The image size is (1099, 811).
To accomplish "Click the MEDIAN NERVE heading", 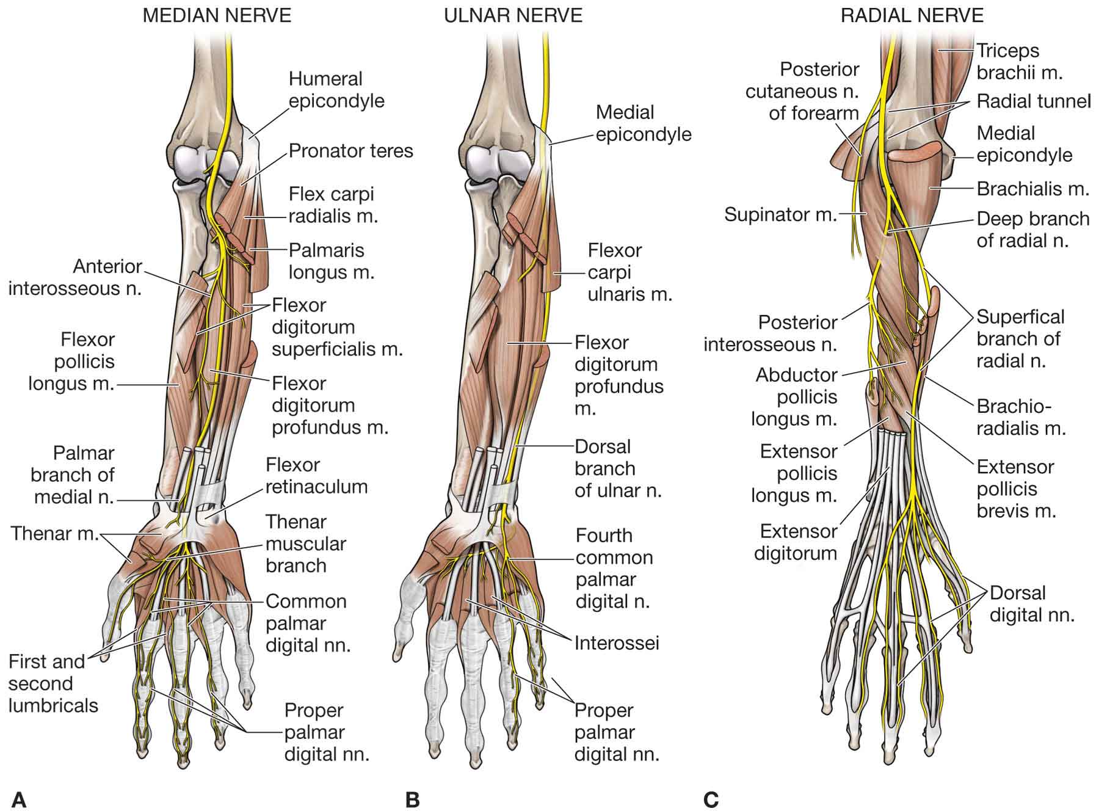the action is [217, 15].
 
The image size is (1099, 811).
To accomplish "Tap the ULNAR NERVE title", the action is [513, 15].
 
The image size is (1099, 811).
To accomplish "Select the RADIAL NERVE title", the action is [912, 15].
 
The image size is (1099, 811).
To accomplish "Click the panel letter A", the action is [19, 799].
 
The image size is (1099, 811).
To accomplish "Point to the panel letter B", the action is [413, 799].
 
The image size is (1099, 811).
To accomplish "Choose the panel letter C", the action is [711, 799].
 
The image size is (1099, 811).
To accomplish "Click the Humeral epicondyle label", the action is [336, 90].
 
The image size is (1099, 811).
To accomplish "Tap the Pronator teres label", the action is [351, 151].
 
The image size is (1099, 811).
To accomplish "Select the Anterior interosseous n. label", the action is [75, 277].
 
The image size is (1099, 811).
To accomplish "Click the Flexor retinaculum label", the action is [316, 476].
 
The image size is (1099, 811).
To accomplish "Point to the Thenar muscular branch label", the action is [305, 544].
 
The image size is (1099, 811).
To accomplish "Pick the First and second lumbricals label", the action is [53, 683].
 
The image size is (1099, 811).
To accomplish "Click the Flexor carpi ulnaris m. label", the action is [629, 272].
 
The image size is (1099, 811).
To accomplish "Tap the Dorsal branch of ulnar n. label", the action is [618, 468].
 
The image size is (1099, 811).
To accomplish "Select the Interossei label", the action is [617, 643].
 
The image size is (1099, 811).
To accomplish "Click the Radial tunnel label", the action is [1034, 101].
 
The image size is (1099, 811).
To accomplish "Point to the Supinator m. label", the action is [780, 214].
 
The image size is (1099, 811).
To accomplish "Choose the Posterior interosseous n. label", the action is [771, 333].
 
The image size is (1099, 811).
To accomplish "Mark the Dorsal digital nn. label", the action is [1032, 603].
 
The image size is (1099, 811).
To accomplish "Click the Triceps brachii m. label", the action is [1020, 62].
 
